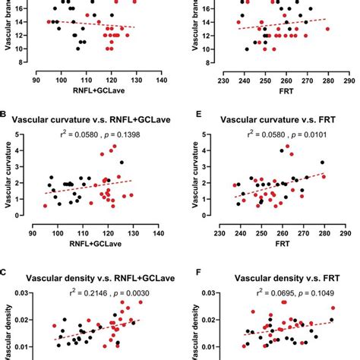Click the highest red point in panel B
click(x=114, y=146)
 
